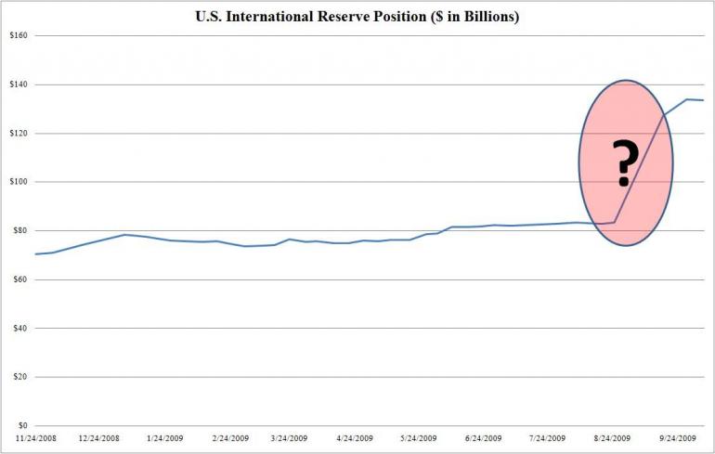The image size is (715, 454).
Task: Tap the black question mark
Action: point(626,162)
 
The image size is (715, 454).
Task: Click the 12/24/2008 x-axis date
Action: point(99,437)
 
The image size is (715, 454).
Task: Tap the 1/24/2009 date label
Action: point(165,437)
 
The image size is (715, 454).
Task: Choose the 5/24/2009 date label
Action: point(419,437)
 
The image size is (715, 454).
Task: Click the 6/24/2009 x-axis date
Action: point(482,437)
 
